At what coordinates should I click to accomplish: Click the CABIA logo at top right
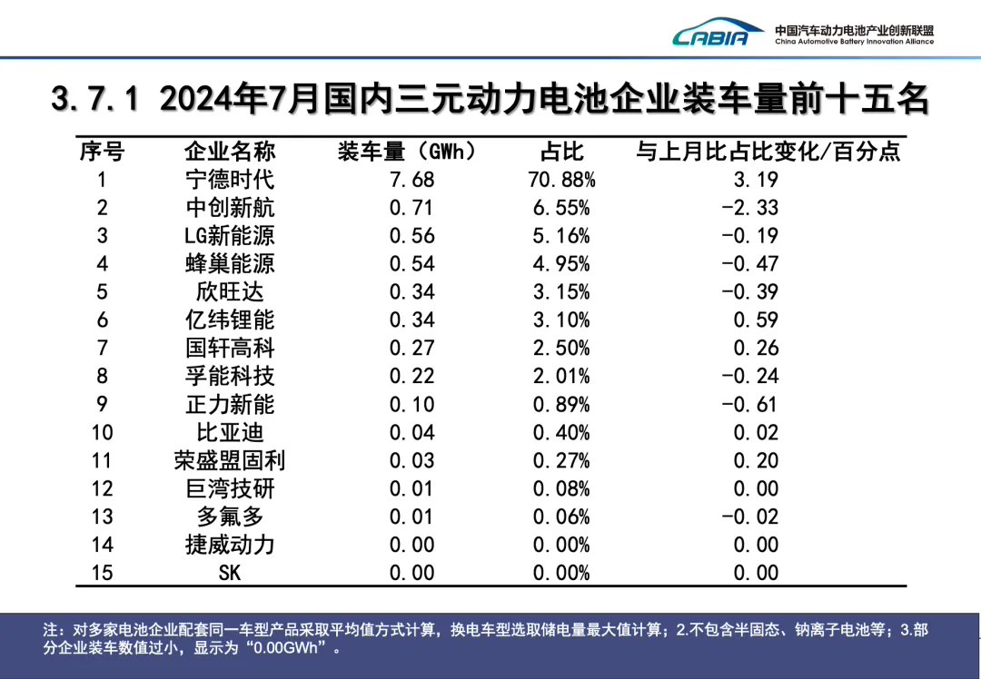[718, 34]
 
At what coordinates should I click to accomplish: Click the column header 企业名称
[229, 151]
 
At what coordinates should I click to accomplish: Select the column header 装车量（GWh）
[406, 151]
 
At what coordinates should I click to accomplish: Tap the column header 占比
[560, 151]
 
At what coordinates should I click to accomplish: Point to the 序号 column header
[102, 151]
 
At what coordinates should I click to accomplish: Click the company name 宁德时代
[229, 179]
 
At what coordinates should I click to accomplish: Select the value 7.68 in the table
[411, 179]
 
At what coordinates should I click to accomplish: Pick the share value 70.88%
[561, 179]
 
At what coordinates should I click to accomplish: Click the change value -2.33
[749, 207]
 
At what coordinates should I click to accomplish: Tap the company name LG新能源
[229, 235]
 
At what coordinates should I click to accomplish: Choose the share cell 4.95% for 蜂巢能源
[561, 263]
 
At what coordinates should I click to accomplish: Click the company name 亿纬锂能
[229, 320]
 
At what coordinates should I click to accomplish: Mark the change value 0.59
[756, 320]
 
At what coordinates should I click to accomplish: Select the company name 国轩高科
[229, 348]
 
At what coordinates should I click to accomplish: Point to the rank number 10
[102, 432]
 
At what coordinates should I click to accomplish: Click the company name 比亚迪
[229, 432]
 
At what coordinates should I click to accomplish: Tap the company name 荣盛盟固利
[229, 460]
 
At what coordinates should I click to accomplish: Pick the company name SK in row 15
[229, 573]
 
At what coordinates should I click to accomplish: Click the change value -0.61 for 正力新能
[749, 404]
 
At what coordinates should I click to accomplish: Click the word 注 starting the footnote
[51, 629]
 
